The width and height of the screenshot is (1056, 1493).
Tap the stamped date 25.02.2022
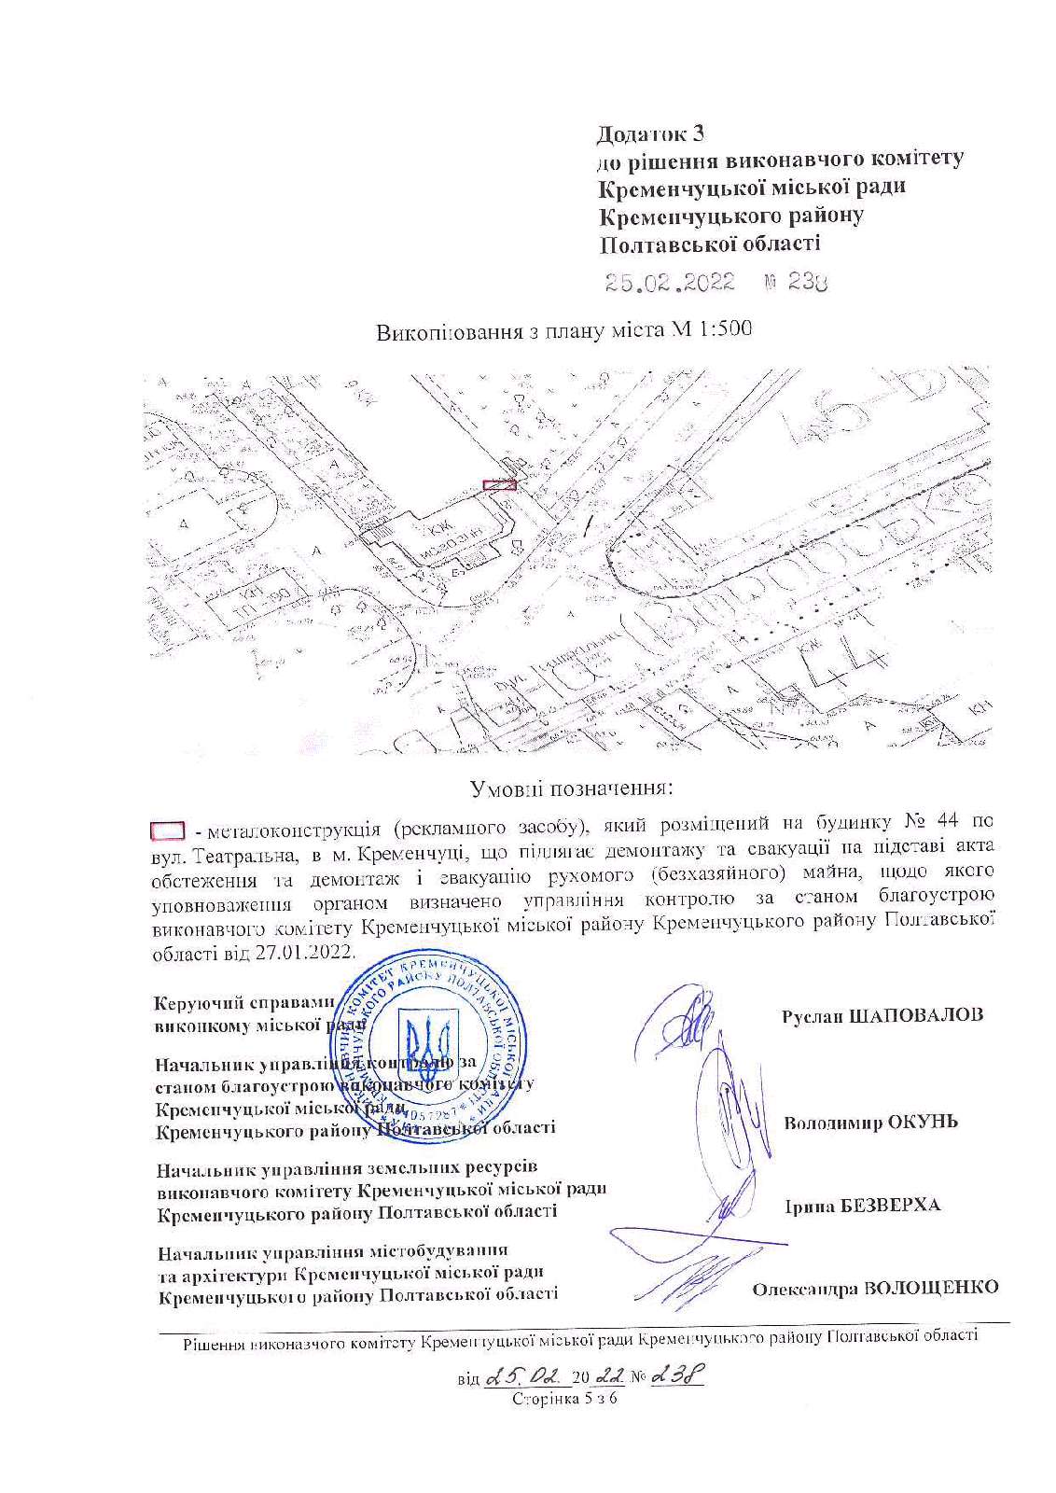[x=670, y=283]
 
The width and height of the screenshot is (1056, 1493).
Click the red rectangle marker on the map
[x=499, y=484]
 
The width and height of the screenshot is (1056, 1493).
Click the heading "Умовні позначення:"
[x=571, y=788]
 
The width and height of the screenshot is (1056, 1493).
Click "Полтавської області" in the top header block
[x=709, y=244]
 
